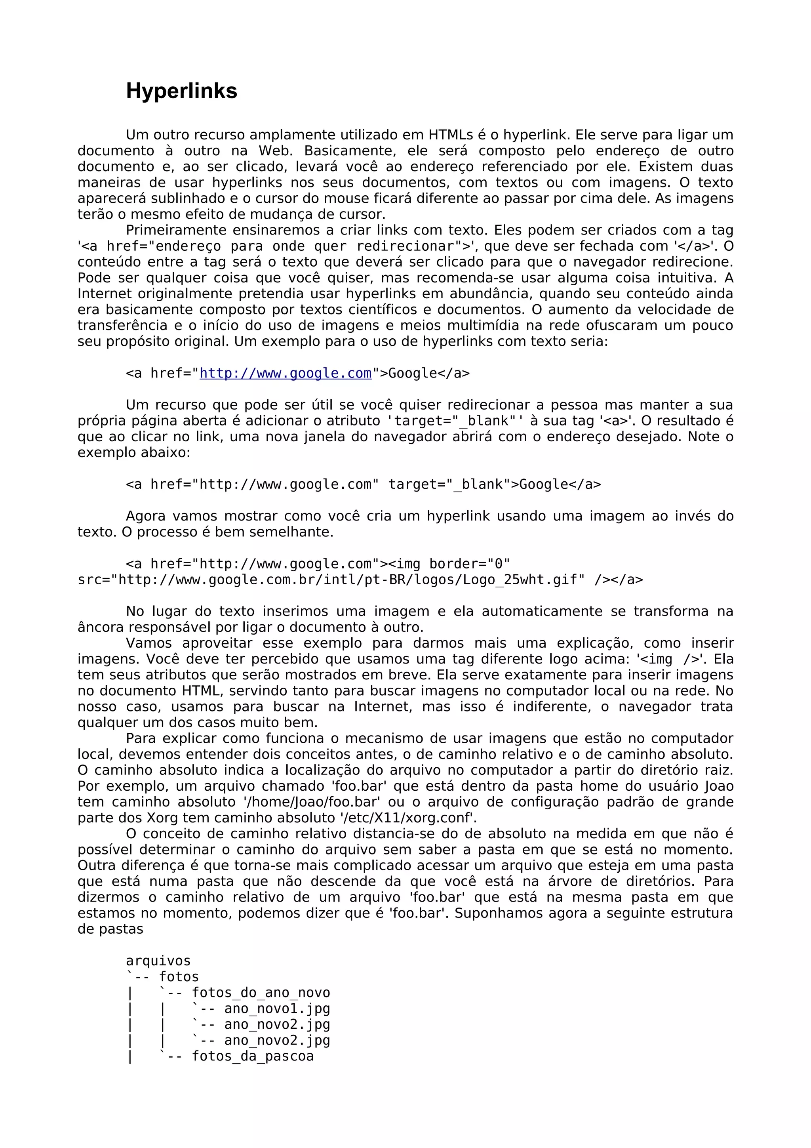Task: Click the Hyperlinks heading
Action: tap(181, 91)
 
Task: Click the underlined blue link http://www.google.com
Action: tap(286, 374)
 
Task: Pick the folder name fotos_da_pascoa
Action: tap(253, 1056)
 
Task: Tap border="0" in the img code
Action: tap(469, 564)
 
